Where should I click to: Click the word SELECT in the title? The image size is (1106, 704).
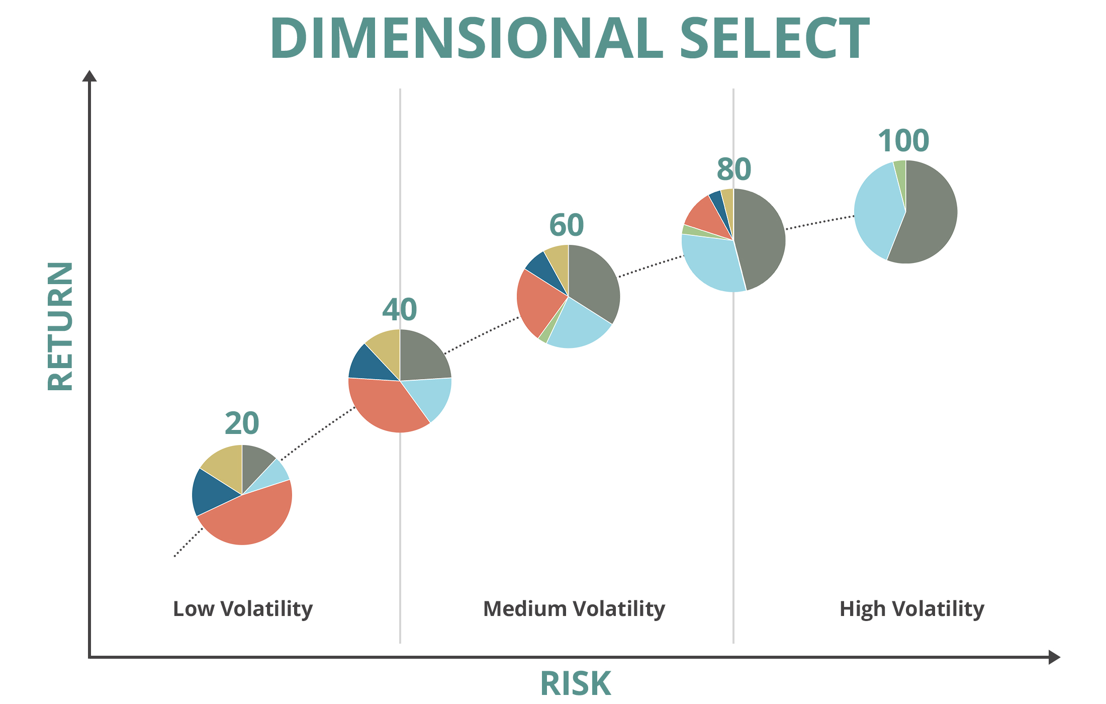tap(775, 38)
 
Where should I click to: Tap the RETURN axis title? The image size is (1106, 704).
tap(60, 326)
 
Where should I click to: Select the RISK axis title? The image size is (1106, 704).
tap(576, 684)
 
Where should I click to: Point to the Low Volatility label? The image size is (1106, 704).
tap(243, 609)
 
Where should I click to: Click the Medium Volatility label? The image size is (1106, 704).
tap(574, 609)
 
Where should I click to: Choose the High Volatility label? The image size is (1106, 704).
tap(912, 609)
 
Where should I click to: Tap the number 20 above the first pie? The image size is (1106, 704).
tap(242, 423)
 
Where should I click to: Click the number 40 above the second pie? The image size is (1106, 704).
tap(400, 310)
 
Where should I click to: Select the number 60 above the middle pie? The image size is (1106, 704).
tap(567, 225)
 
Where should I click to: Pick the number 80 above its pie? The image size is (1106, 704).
tap(734, 169)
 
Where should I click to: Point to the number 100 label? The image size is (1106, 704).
tap(903, 141)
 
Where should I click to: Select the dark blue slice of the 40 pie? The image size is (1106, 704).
tap(370, 364)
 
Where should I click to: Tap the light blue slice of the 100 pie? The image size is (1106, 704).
tap(877, 211)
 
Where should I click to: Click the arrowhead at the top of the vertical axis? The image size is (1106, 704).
tap(89, 76)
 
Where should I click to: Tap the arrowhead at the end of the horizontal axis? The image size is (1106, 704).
tap(1054, 657)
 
